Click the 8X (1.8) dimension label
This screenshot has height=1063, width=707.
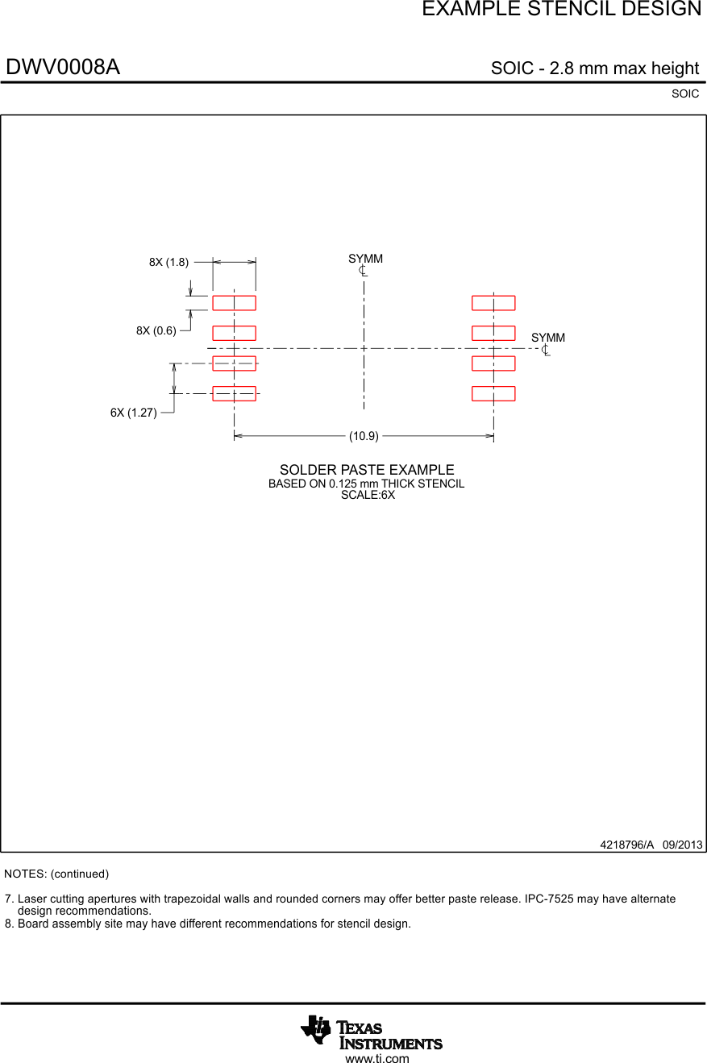pyautogui.click(x=168, y=262)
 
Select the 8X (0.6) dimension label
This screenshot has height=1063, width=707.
pyautogui.click(x=156, y=330)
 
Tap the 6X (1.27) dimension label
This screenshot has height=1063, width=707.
pyautogui.click(x=134, y=413)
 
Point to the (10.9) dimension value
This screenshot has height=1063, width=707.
pyautogui.click(x=364, y=436)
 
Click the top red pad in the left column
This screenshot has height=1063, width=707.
pyautogui.click(x=234, y=303)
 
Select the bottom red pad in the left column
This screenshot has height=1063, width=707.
pyautogui.click(x=234, y=393)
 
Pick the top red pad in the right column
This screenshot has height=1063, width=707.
pyautogui.click(x=493, y=303)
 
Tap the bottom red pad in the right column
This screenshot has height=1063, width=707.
pyautogui.click(x=493, y=393)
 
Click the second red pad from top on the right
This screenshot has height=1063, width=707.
pyautogui.click(x=493, y=333)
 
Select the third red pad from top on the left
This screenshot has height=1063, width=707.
pyautogui.click(x=234, y=363)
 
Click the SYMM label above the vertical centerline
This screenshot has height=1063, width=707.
pyautogui.click(x=365, y=259)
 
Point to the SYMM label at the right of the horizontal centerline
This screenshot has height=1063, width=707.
pyautogui.click(x=548, y=338)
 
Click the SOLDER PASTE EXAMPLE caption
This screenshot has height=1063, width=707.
pyautogui.click(x=367, y=470)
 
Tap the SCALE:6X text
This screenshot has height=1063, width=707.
pyautogui.click(x=368, y=495)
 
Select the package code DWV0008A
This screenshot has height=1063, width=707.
pyautogui.click(x=63, y=68)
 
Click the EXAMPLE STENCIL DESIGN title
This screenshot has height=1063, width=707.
pyautogui.click(x=561, y=10)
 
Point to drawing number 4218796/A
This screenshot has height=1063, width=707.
pyautogui.click(x=626, y=845)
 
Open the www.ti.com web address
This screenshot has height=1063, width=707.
pyautogui.click(x=376, y=1058)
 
